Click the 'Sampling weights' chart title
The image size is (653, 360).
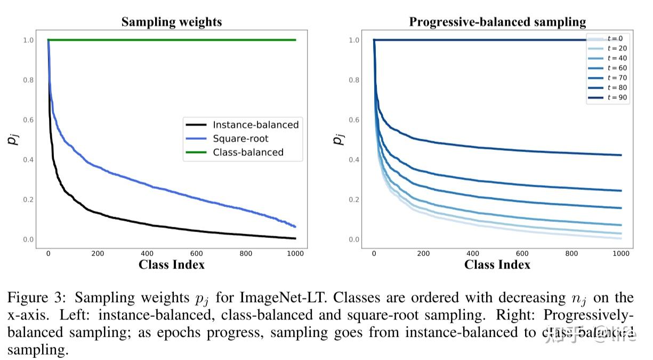(x=171, y=22)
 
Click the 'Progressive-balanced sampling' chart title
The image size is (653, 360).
(x=497, y=22)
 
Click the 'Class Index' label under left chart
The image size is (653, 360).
(x=171, y=265)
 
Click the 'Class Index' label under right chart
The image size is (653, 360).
(x=497, y=265)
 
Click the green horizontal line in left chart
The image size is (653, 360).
(x=171, y=40)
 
